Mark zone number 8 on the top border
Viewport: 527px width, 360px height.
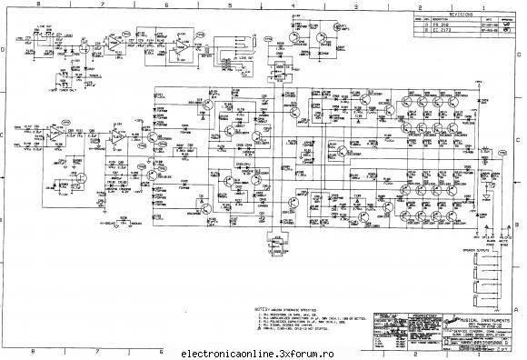[x=34, y=6]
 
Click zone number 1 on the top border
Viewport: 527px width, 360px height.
[x=479, y=6]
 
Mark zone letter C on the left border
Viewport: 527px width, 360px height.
[x=6, y=136]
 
